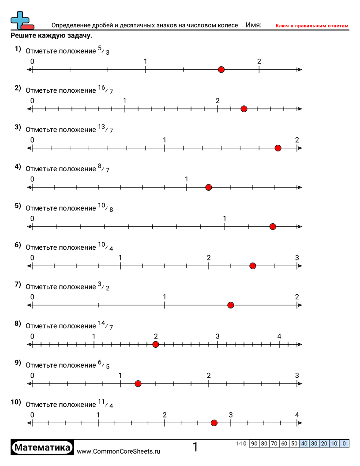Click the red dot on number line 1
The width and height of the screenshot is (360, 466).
(221, 69)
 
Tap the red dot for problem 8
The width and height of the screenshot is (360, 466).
(155, 344)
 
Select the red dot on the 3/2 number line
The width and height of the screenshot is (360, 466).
(230, 305)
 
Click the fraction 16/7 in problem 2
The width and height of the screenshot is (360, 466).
(105, 90)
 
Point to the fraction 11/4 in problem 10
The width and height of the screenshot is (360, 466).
(105, 404)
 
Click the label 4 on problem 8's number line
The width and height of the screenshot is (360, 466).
(279, 336)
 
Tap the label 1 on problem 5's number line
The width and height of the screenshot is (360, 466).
(225, 218)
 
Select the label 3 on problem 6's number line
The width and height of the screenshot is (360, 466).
(297, 258)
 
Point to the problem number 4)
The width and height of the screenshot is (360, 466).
(18, 166)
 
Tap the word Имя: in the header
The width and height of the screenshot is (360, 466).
(253, 25)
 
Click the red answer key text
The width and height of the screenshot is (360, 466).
(312, 26)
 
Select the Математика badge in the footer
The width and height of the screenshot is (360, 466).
(42, 447)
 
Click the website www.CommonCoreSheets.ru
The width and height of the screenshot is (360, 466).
(118, 451)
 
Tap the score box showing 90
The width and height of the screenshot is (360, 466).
(254, 443)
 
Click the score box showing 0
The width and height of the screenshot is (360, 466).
(344, 443)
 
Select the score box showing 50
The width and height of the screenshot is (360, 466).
(294, 443)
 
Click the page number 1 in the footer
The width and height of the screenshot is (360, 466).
(195, 447)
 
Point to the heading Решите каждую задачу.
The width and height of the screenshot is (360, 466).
(51, 36)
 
